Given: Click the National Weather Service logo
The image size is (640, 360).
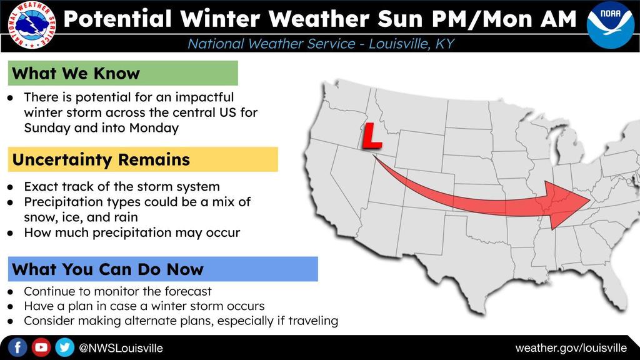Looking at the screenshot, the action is point(32,25).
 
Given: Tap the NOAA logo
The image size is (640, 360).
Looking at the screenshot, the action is point(610,24).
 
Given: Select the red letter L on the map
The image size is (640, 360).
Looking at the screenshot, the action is point(371,136).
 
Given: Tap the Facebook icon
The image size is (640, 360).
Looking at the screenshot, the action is point(17,347).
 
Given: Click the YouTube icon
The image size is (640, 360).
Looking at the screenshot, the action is point(41,347).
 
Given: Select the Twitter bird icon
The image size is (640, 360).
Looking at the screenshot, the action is point(64,347).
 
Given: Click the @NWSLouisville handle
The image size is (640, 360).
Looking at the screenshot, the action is point(121,348).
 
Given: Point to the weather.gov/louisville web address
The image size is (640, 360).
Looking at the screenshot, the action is point(571,348).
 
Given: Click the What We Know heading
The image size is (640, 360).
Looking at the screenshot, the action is point(76,74).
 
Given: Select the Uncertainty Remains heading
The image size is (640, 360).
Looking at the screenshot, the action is point(101,159).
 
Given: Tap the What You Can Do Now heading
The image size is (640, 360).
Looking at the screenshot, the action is point(107,270).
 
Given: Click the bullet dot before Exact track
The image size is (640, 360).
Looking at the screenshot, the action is point(11,187).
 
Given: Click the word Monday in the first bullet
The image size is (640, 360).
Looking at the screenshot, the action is point(154,128).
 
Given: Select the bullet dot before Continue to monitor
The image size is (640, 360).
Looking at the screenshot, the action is point(11,292).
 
